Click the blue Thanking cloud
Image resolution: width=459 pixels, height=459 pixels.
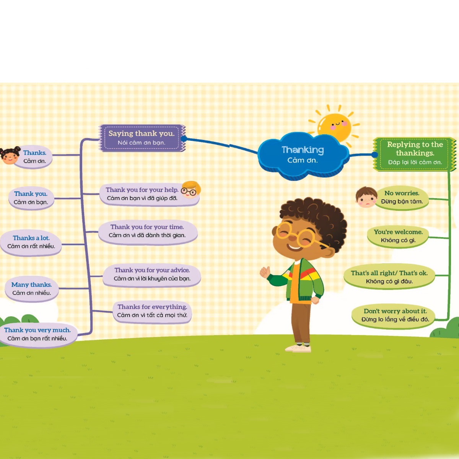303,155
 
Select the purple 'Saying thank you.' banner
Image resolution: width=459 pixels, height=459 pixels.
142,138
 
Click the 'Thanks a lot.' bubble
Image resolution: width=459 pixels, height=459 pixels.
31,242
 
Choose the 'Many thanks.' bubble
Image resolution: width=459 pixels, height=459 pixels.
31,289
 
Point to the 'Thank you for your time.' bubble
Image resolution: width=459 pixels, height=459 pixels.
147,231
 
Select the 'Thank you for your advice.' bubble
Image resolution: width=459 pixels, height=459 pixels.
152,274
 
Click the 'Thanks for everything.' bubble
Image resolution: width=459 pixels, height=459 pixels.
152,311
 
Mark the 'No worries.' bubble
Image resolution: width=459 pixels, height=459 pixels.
402,197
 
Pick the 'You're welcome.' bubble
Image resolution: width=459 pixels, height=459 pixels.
398,236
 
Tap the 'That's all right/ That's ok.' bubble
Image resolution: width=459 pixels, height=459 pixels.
389,277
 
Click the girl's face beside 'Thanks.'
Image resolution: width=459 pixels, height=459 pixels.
10,155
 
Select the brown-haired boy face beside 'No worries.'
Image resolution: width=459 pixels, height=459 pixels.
366,197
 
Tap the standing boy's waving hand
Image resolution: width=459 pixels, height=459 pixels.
265,272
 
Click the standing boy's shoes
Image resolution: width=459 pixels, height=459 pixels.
298,348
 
